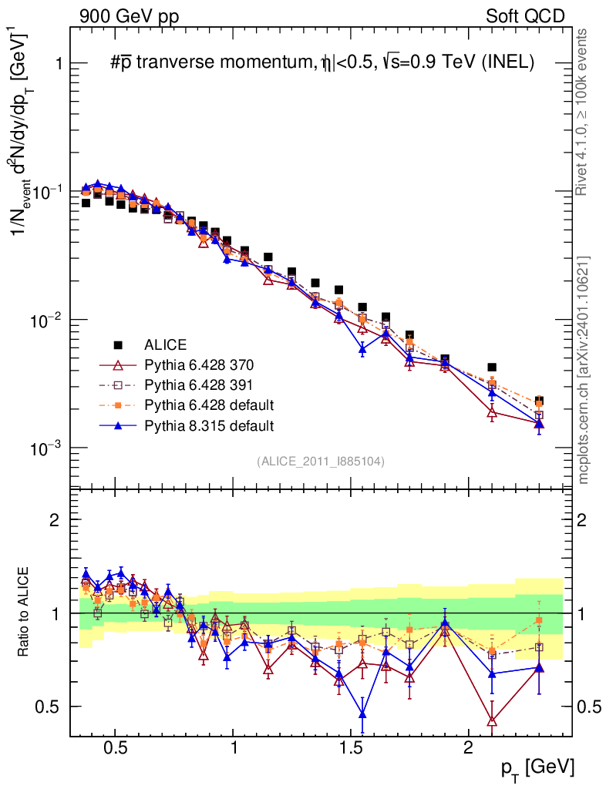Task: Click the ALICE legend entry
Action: (x=165, y=344)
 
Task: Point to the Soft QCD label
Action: (x=525, y=16)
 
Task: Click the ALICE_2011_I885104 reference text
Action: (x=321, y=461)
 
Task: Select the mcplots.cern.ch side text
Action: (x=584, y=370)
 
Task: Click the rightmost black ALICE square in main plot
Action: (x=540, y=401)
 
